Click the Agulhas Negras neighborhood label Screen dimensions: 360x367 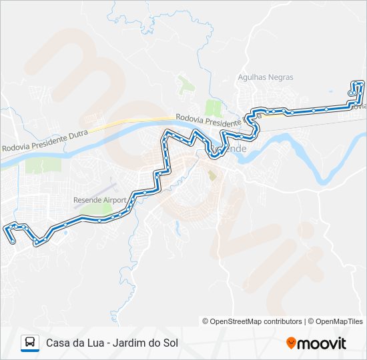[266, 77]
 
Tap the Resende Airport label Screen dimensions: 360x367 [100, 199]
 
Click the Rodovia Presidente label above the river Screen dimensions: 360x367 [208, 121]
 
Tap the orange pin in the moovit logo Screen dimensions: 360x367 [291, 343]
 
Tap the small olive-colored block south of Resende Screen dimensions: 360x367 [212, 175]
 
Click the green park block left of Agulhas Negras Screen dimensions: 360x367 [214, 107]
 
